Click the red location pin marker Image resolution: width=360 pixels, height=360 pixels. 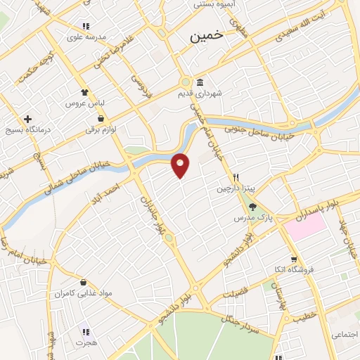[x=181, y=165]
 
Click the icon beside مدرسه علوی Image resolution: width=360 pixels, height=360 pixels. [x=85, y=27]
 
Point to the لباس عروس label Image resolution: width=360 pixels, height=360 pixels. [x=85, y=103]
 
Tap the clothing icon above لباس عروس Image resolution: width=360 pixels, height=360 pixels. [x=85, y=92]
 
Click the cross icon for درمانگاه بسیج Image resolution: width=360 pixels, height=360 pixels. [x=27, y=120]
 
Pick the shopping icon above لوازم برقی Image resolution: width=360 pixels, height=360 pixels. [x=103, y=119]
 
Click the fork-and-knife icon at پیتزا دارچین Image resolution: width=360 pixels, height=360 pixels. [x=238, y=178]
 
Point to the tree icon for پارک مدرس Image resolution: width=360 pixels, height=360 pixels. [x=252, y=206]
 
